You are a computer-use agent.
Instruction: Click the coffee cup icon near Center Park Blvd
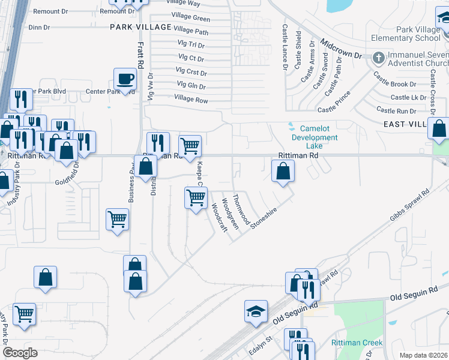point(125,79)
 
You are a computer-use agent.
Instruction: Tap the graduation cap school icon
point(256,311)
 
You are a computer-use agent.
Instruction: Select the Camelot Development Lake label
point(315,137)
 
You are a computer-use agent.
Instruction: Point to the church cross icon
point(378,58)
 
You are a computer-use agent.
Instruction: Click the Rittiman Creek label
point(357,343)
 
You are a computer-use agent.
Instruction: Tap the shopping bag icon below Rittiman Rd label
point(283,172)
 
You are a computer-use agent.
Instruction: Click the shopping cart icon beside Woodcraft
point(196,198)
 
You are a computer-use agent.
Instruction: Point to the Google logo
point(20,353)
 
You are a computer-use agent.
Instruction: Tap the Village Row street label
point(191,100)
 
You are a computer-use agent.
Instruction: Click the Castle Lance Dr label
point(285,47)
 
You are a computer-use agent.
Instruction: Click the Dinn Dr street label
point(39,27)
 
